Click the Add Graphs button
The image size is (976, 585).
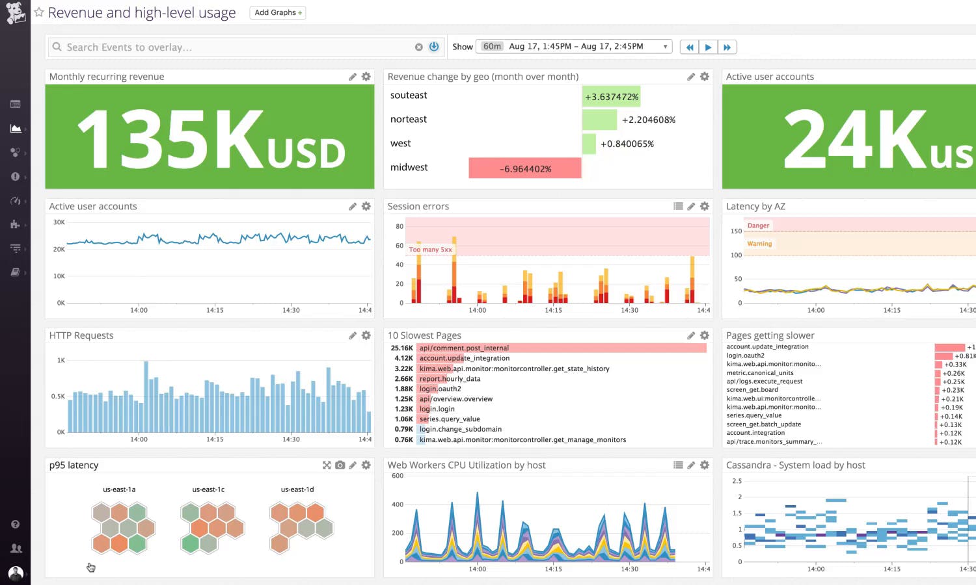[x=278, y=12]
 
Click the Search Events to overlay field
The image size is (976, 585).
[x=234, y=47]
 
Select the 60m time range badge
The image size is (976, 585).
[x=492, y=46]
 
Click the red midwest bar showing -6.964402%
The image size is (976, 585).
[x=524, y=168]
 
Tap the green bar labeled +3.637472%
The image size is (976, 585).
[x=611, y=97]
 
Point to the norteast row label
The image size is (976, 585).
[x=409, y=120]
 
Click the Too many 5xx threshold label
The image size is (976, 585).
[x=430, y=250]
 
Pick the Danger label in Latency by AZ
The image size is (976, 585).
[x=758, y=226]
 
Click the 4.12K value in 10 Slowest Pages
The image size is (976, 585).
[x=403, y=358]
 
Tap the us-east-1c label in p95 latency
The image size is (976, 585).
[x=208, y=489]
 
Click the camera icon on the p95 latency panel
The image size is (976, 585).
[x=340, y=465]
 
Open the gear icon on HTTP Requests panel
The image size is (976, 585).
[x=366, y=335]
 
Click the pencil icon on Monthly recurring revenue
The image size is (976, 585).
[x=353, y=77]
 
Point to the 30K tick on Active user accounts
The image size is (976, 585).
[x=59, y=222]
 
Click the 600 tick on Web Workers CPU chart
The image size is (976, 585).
[x=397, y=476]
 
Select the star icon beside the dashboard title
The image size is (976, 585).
[x=39, y=12]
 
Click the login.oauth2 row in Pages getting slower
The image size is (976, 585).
[x=746, y=356]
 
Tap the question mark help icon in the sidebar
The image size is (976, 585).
[x=16, y=525]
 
